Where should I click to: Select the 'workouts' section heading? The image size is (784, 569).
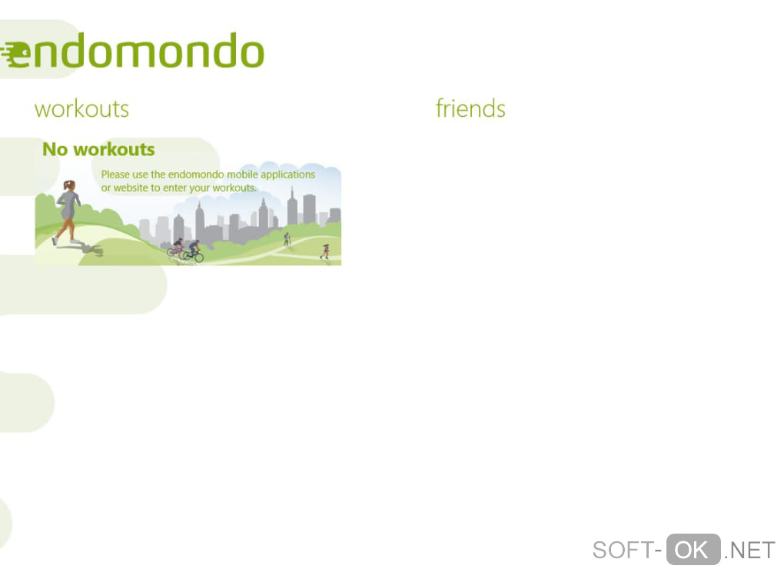click(x=81, y=109)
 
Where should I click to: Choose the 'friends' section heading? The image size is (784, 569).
click(x=470, y=108)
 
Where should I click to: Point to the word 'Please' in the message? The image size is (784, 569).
click(x=115, y=175)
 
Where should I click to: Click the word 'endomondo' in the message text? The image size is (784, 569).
click(x=196, y=175)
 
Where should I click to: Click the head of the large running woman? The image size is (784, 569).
click(x=69, y=185)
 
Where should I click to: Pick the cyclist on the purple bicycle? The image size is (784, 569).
click(x=177, y=247)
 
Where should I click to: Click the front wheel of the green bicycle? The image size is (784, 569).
click(x=198, y=257)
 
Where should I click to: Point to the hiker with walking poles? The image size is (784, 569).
click(x=287, y=239)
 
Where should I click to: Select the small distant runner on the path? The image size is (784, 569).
click(x=325, y=251)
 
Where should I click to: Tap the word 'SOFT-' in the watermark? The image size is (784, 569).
click(x=627, y=551)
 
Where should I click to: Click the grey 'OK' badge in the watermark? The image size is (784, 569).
click(x=693, y=550)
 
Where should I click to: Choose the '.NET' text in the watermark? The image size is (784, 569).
click(x=749, y=551)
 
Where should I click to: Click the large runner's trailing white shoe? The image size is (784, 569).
click(x=55, y=241)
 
